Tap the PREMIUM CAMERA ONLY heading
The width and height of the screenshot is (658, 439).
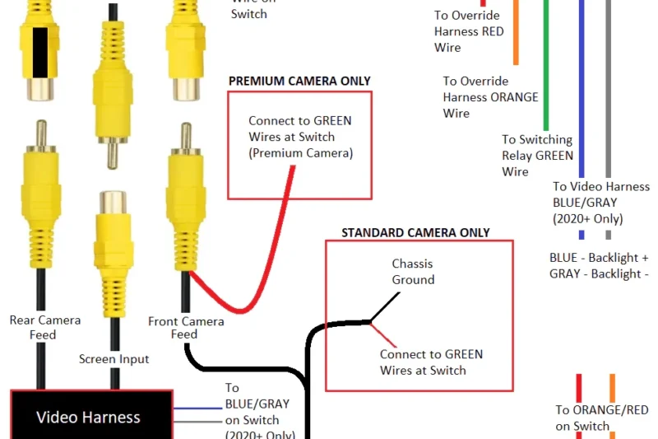299,81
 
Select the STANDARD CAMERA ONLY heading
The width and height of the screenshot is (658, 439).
415,232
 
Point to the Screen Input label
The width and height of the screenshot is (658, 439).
114,359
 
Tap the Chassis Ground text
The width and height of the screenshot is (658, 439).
413,272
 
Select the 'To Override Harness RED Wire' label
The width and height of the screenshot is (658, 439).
469,31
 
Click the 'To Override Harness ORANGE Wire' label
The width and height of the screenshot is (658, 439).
490,96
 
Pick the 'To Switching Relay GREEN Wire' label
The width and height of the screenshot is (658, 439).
537,156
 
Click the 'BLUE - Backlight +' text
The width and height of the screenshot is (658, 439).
599,258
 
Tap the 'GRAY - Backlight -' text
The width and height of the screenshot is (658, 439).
599,273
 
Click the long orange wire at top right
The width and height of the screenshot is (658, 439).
516,33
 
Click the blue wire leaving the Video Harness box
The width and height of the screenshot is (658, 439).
197,409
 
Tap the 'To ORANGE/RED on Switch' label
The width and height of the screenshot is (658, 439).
601,418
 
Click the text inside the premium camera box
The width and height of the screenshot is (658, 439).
300,137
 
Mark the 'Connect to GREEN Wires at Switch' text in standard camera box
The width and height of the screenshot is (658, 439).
431,362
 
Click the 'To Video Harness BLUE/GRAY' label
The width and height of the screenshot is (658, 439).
600,202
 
